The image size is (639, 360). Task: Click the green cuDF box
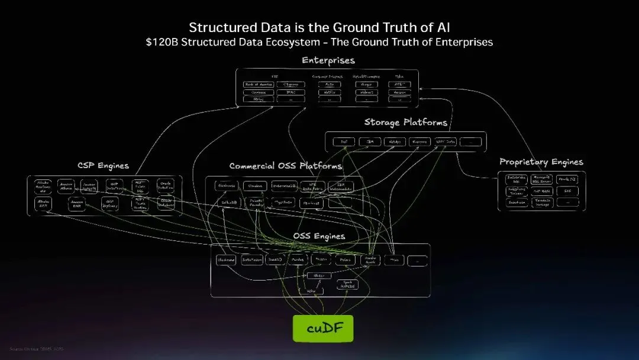point(323,328)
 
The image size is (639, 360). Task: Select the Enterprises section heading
point(328,60)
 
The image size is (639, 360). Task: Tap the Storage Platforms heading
point(405,123)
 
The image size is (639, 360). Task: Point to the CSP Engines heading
point(103,166)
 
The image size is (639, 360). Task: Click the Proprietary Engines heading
point(541,162)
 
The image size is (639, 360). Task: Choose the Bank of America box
point(259,85)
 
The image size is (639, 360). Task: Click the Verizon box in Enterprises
point(399,92)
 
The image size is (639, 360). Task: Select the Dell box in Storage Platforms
point(343,142)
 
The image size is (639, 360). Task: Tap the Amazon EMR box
point(76,204)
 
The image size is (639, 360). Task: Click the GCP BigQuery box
point(109,204)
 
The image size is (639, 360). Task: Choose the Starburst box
point(311,202)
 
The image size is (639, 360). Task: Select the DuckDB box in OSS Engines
point(276,260)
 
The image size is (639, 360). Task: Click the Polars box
point(343,260)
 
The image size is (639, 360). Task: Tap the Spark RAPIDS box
point(348,284)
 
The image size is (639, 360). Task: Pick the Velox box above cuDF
point(311,291)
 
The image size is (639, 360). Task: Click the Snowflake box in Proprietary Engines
point(517,202)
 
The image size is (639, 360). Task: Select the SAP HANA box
point(542,191)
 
